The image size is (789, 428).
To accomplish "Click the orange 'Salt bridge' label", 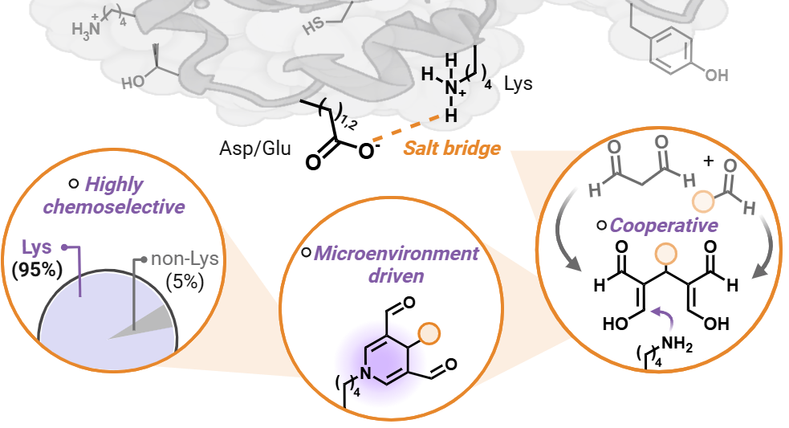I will point(452,148).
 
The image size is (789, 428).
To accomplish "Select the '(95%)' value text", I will point(38,270).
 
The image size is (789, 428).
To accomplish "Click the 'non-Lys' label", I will point(185,259).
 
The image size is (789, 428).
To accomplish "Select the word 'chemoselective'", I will point(114,206).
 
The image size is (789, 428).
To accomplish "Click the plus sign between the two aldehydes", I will point(708,161).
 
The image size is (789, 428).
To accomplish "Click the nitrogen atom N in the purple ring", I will point(364,372).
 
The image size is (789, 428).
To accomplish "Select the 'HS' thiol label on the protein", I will point(313,29).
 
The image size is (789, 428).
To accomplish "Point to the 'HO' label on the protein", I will point(134,83).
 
